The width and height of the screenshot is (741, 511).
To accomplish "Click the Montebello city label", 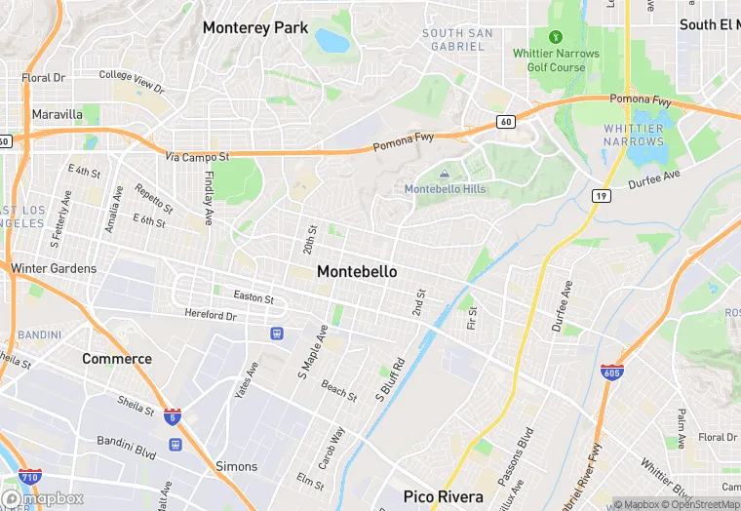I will pos(357,271).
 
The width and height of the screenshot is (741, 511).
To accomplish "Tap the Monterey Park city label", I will pos(254,28).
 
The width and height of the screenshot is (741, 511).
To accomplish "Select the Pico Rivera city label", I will pos(444,496).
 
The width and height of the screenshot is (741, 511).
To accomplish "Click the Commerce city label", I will pos(117,359).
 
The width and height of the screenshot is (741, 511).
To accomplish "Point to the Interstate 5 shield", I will pos(173,414).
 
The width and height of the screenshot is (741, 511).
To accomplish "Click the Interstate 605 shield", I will pos(609,373).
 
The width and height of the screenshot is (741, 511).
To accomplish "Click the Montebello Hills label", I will pos(445,188).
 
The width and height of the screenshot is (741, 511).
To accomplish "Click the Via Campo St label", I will pos(197,156).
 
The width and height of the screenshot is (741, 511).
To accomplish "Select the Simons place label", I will pos(236,467).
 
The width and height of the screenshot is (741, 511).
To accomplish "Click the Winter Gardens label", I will pos(54,268).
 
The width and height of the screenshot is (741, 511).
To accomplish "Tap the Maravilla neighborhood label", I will pos(57,114).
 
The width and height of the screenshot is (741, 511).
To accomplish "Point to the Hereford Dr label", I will pos(211,315).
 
